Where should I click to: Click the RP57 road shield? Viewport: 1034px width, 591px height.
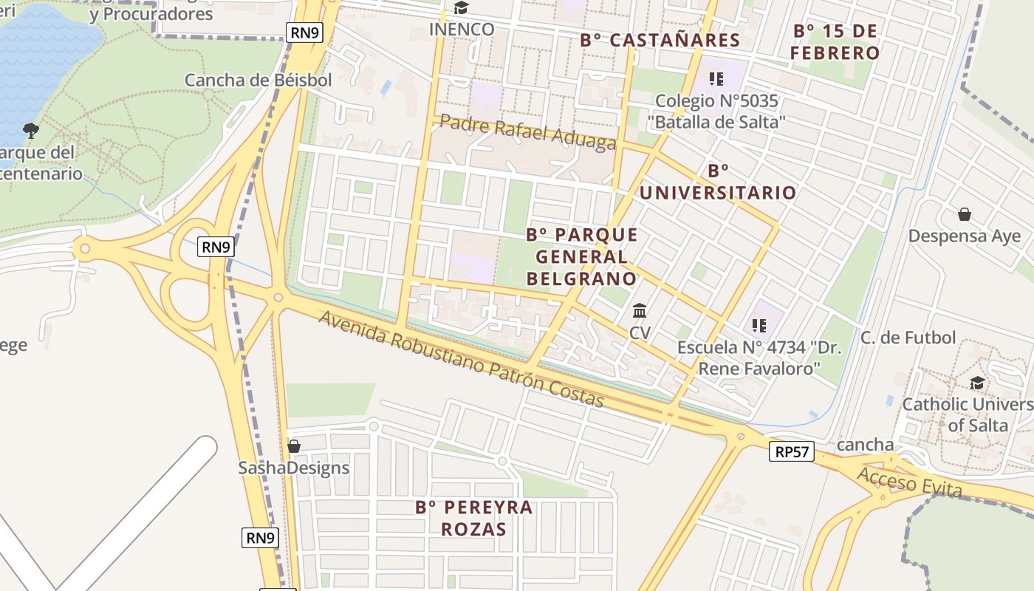click(x=792, y=451)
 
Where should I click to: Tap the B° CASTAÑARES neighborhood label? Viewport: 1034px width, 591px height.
click(x=660, y=40)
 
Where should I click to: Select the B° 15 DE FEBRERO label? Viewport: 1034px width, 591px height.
click(x=835, y=42)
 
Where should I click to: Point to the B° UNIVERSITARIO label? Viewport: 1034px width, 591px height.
click(x=717, y=182)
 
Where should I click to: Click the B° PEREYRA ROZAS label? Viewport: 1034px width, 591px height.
click(x=474, y=518)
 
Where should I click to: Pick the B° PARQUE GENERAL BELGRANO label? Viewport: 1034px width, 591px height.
click(x=581, y=256)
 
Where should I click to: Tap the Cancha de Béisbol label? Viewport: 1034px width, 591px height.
click(x=258, y=80)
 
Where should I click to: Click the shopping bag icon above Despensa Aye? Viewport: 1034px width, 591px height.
click(x=964, y=214)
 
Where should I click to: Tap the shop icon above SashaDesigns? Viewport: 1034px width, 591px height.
click(x=293, y=446)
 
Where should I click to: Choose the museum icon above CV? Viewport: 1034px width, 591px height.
click(x=640, y=310)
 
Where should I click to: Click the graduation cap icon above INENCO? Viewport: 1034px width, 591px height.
click(x=461, y=8)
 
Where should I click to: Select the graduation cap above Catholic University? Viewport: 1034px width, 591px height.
click(x=977, y=383)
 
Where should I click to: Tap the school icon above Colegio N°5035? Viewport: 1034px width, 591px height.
click(x=715, y=78)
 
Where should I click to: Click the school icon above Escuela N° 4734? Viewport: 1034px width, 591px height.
click(x=759, y=325)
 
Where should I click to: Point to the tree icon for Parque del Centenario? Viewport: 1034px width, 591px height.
click(x=30, y=131)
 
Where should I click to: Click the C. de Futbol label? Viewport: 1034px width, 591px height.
click(x=908, y=338)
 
